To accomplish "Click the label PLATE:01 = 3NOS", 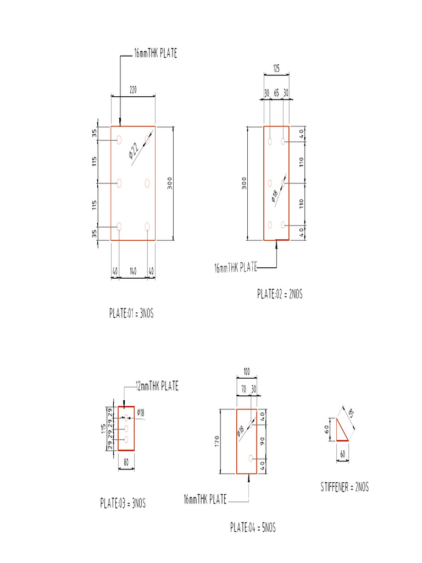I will pos(131,313).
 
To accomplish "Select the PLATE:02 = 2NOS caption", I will pos(280,295).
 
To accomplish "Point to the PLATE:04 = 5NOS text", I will pos(253,528).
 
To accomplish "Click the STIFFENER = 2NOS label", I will pos(345,487).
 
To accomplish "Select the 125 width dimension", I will pos(276,69).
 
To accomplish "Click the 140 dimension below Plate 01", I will pos(133,271).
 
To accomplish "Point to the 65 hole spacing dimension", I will pos(276,93).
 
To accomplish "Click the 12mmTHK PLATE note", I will pos(157,387).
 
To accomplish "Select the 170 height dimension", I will pos(218,441).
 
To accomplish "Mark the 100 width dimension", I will pos(246,372).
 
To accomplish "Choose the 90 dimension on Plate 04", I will pos(263,441).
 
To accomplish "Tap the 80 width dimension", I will pos(126,463).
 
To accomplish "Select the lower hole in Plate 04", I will pos(251,458).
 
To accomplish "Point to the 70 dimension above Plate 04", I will pos(242,388).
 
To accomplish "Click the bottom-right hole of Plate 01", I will pos(147,226).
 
